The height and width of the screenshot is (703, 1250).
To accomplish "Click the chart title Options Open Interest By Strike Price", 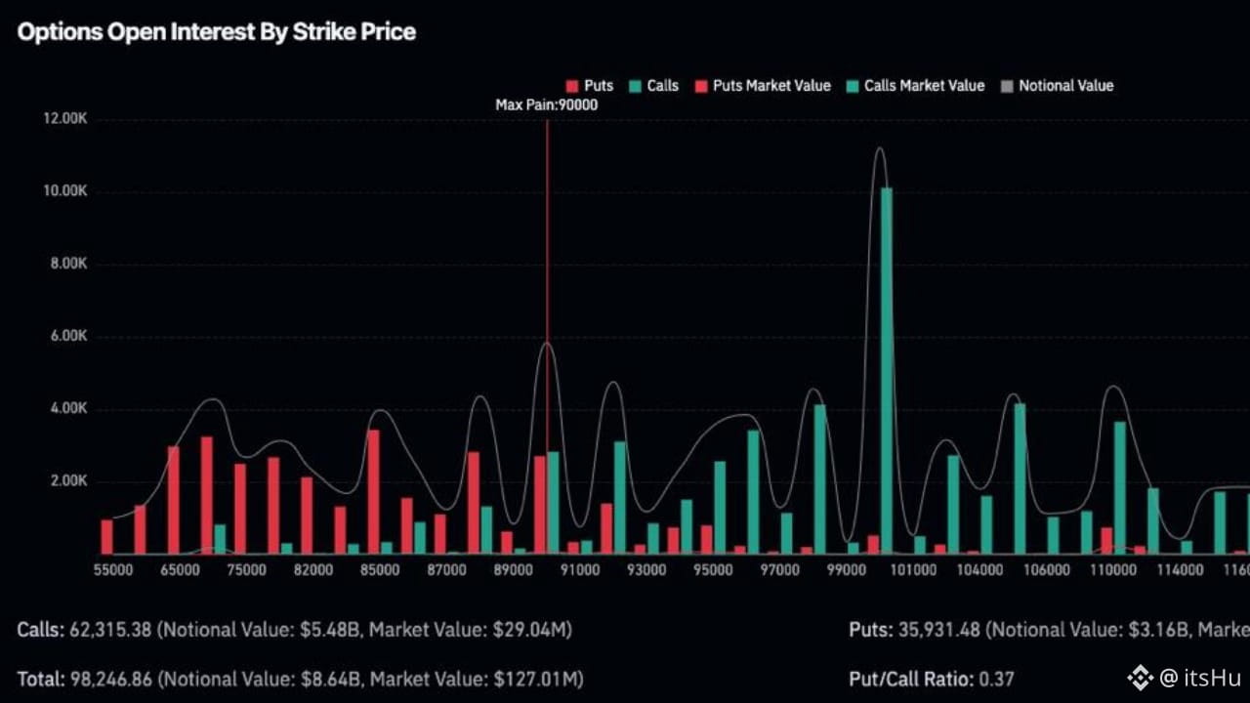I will [x=216, y=32].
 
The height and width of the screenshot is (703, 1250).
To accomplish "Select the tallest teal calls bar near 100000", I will [x=886, y=371].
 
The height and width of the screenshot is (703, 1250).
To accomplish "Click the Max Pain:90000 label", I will [x=546, y=104].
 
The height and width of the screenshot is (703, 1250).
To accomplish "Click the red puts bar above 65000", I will [x=174, y=500].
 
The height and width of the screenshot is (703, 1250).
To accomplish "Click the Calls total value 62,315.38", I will [x=110, y=630].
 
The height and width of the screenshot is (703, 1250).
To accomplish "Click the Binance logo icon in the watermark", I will [x=1140, y=677].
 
